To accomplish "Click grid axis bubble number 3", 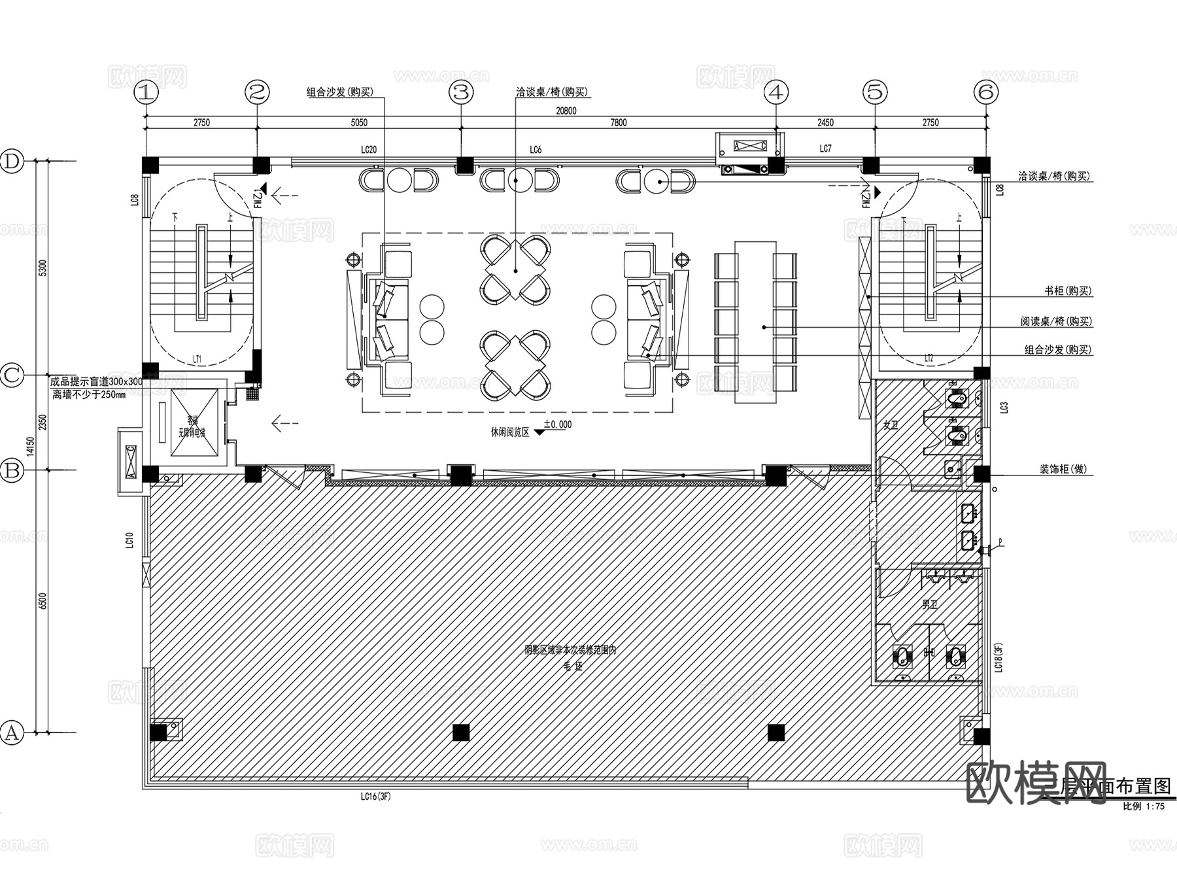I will point(462,92).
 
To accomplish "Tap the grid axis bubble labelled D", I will point(12,162).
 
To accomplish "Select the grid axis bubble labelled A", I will point(12,733).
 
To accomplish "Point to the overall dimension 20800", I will point(566,111).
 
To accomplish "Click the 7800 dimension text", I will point(618,122).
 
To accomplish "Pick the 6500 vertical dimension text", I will point(43,600).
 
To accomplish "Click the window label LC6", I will point(536,150).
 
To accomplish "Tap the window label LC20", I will point(369,150).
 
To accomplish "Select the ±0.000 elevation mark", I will point(557,424).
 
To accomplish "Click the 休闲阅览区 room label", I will point(510,432).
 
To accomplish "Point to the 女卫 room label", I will point(891,425).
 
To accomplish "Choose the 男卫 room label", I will point(930,605).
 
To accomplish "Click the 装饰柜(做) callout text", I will point(1063,469).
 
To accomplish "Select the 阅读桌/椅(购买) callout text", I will point(1056,321).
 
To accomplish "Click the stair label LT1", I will point(197,359).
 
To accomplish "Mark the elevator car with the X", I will point(194,422).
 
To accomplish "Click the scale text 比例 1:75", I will point(1144,806).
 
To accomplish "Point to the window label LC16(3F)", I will point(375,797).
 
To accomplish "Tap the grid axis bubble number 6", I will point(986,92).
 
